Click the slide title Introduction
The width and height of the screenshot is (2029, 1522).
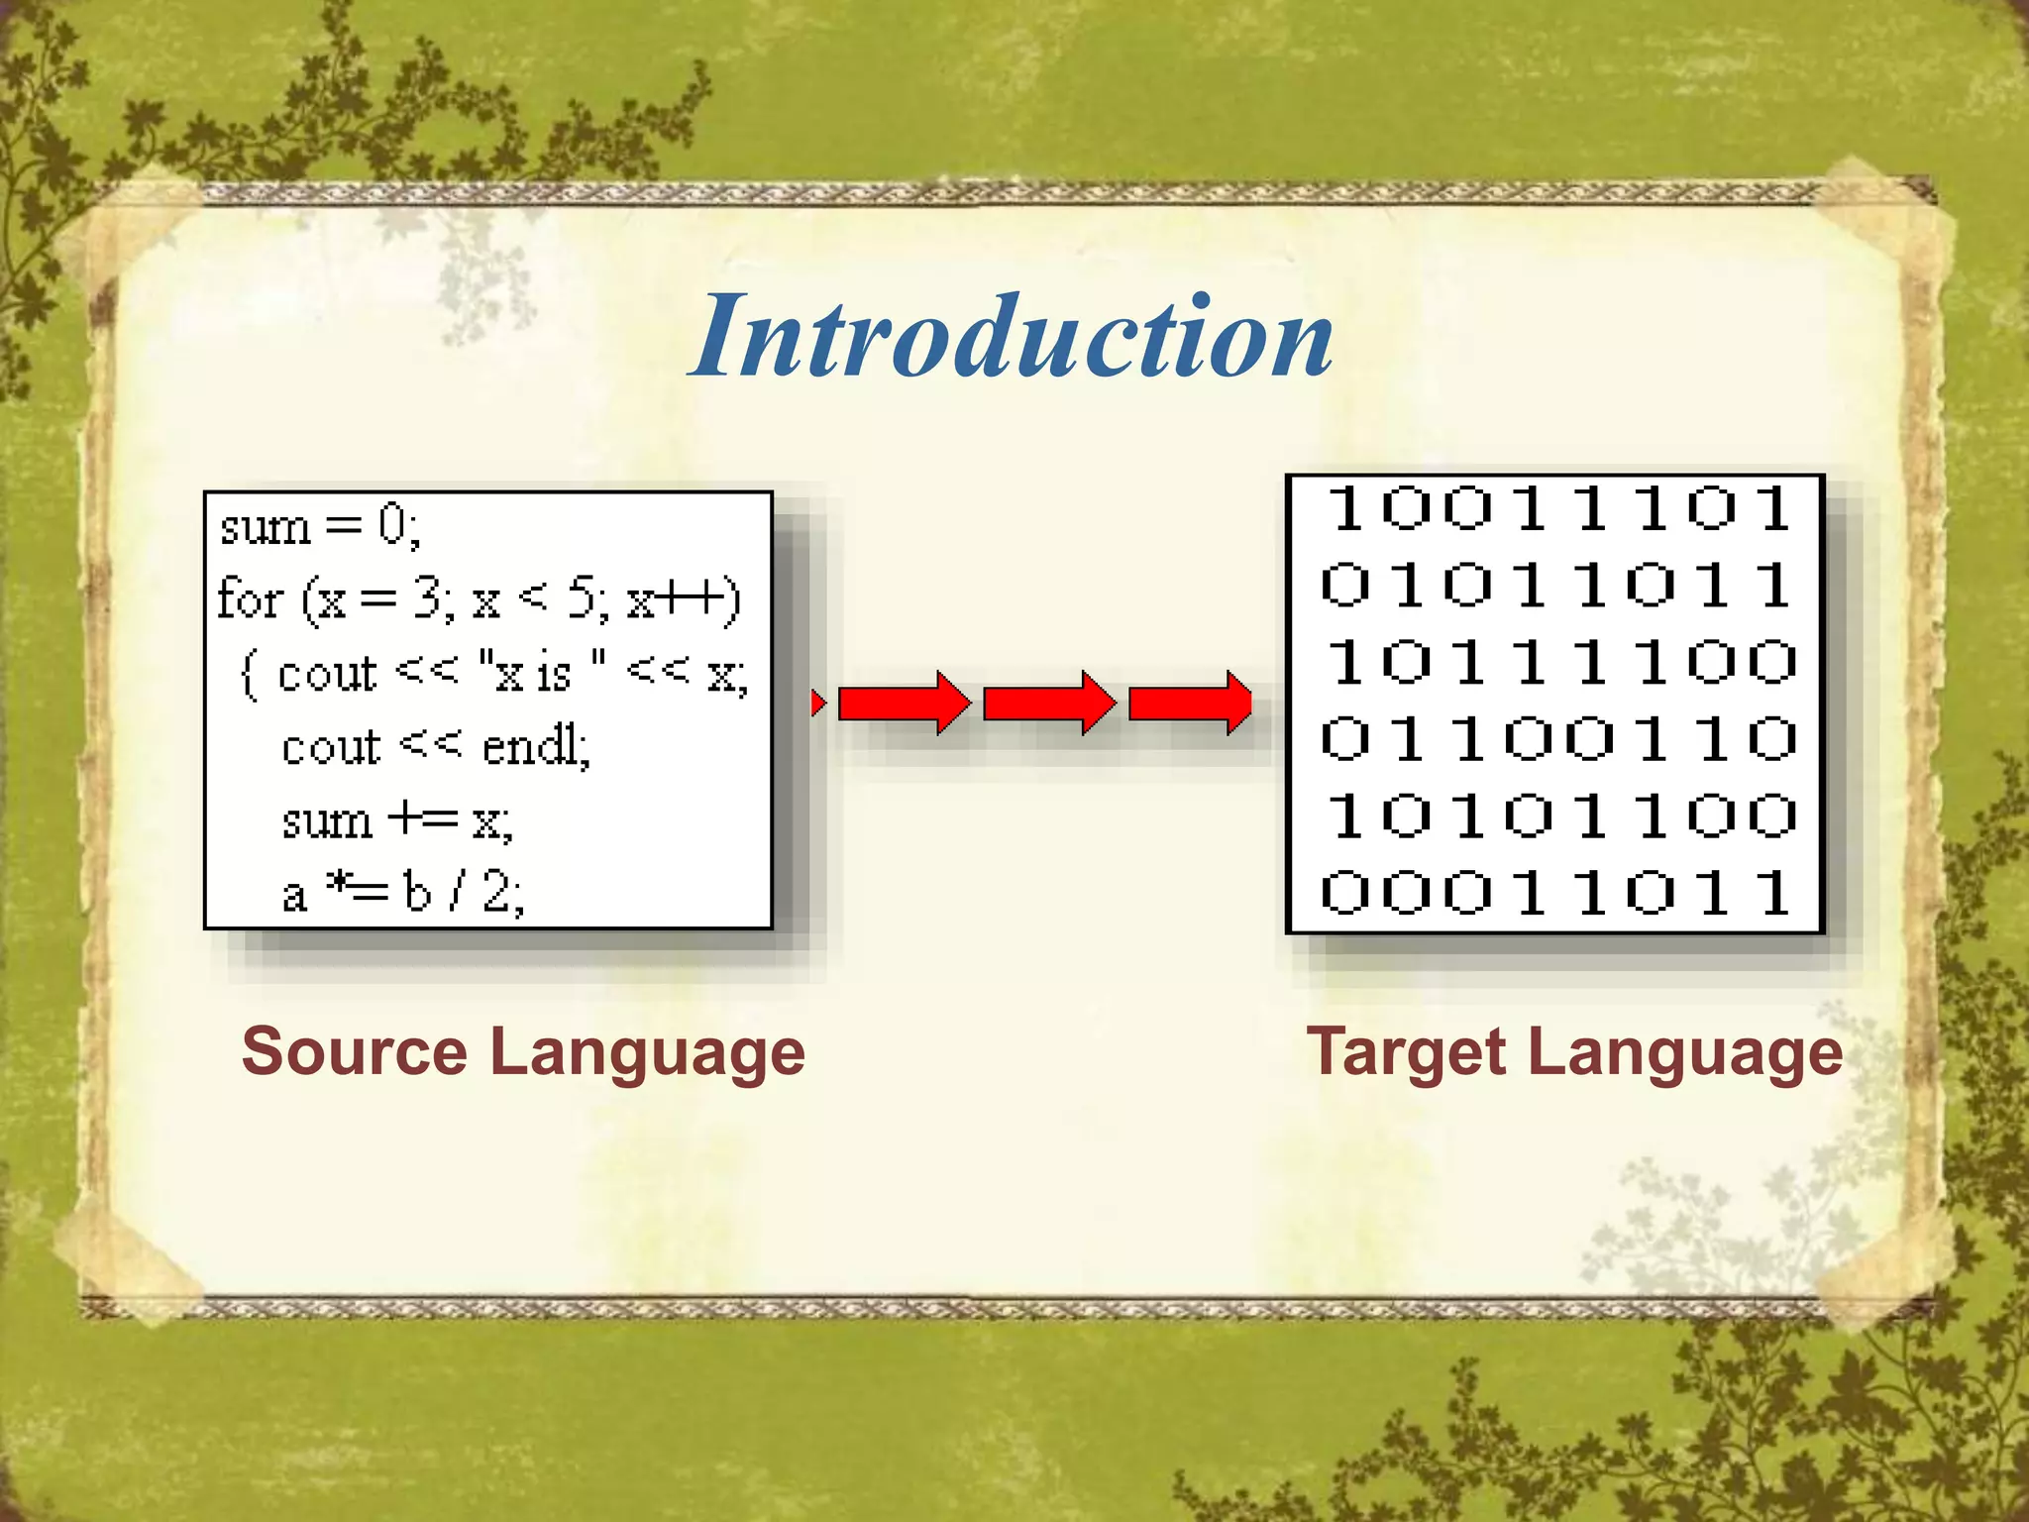[x=1012, y=337]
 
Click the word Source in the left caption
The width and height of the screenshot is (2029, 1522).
[x=354, y=1052]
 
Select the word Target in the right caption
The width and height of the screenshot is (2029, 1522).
[x=1407, y=1052]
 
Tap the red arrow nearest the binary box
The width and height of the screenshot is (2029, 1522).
[x=1190, y=704]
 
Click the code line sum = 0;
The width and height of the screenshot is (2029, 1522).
[x=320, y=525]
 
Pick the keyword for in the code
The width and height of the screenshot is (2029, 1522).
[x=249, y=599]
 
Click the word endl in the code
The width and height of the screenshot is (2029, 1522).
[x=534, y=746]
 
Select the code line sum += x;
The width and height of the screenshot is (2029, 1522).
[x=396, y=820]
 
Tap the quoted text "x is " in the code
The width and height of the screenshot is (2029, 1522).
[x=541, y=674]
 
